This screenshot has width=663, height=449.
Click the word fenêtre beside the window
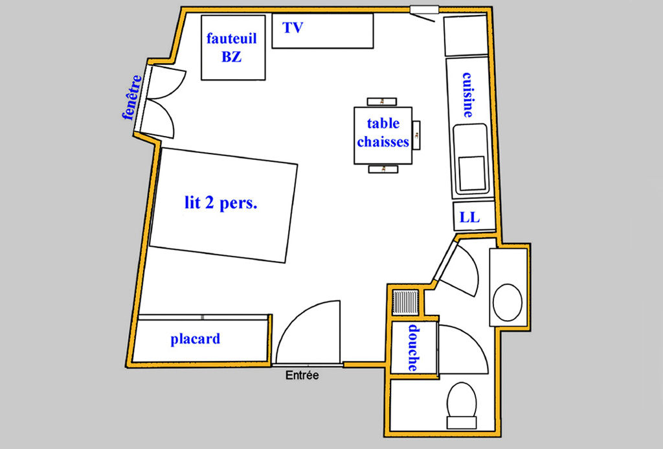132,97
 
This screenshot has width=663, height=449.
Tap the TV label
293,28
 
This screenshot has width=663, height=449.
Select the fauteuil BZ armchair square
233,47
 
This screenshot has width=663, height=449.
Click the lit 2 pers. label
221,203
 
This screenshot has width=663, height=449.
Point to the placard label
196,339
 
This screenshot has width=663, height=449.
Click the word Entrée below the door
302,375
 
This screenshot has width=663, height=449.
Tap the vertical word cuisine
467,95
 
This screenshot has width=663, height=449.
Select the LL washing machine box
474,216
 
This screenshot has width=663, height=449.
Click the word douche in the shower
414,348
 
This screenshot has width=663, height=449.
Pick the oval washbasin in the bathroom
508,302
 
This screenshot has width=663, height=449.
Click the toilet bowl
462,400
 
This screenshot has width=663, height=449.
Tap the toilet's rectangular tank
462,422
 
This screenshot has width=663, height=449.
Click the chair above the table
382,102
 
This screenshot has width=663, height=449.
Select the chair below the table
383,169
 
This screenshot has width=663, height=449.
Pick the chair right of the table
416,135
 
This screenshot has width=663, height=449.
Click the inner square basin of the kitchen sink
472,173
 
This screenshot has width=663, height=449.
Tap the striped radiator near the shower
405,302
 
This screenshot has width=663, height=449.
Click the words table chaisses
383,132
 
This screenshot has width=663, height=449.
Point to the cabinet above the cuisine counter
466,36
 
